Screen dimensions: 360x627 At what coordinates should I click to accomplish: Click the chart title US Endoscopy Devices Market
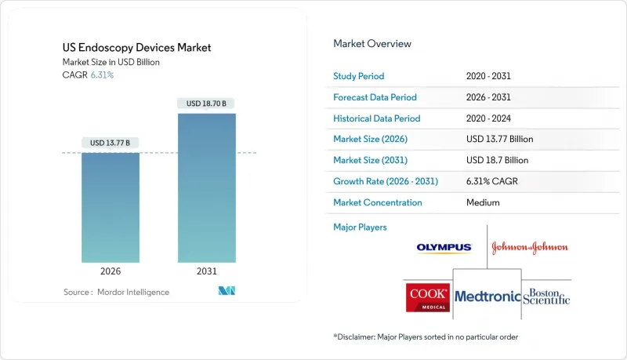(138, 48)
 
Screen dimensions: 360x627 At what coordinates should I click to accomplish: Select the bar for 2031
(206, 188)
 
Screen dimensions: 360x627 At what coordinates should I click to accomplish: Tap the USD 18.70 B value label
(206, 104)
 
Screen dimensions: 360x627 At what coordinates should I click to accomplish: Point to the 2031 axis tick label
(206, 271)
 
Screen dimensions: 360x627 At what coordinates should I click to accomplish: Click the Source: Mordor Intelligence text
(116, 292)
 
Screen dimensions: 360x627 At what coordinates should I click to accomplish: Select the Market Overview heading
(372, 43)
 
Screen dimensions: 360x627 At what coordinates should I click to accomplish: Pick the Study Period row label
(359, 76)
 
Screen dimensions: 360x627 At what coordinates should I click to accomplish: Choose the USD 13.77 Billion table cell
(499, 139)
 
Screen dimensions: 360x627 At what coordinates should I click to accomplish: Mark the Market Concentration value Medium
(482, 202)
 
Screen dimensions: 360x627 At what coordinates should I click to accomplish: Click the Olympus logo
(444, 248)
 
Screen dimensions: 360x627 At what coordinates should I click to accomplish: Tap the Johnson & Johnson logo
(530, 248)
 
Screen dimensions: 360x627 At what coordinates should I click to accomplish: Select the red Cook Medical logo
(428, 296)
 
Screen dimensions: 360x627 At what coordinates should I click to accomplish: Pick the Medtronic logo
(487, 296)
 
